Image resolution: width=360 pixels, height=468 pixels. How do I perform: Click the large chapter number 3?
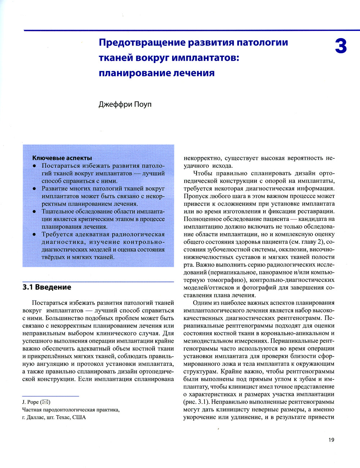pyautogui.click(x=341, y=46)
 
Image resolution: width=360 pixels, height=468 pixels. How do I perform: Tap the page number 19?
pyautogui.click(x=331, y=440)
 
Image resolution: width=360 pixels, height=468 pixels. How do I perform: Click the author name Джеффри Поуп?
pyautogui.click(x=125, y=104)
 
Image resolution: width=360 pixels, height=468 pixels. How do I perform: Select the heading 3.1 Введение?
pyautogui.click(x=47, y=287)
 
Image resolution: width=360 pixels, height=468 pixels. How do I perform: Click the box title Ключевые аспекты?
pyautogui.click(x=62, y=158)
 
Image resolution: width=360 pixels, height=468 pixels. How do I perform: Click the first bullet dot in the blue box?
pyautogui.click(x=34, y=166)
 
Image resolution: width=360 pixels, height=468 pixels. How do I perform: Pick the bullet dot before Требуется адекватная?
pyautogui.click(x=34, y=234)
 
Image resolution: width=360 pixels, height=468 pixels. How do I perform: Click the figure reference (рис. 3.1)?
pyautogui.click(x=197, y=402)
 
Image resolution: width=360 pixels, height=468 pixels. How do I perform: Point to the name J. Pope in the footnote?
pyautogui.click(x=30, y=402)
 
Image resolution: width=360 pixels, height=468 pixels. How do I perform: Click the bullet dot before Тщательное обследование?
pyautogui.click(x=34, y=212)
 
